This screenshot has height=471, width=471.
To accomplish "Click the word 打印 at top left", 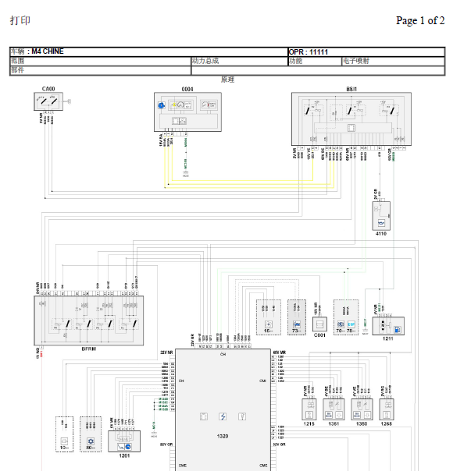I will click(20, 21).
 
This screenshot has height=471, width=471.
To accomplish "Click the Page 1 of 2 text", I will click(420, 21).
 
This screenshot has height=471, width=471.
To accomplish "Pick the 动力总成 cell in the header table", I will click(205, 60).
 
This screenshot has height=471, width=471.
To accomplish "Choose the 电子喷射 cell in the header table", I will click(355, 60).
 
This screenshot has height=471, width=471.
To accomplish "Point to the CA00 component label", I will click(48, 89).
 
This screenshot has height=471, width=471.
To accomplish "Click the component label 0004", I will click(187, 89).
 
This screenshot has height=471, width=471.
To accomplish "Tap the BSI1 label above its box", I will click(351, 89).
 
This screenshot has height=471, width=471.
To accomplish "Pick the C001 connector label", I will click(319, 335).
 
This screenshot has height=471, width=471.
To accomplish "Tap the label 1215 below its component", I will click(309, 424).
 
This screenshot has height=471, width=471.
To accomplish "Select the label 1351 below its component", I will click(334, 424).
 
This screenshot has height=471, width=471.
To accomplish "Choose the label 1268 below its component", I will click(387, 424).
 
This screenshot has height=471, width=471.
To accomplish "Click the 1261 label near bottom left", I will click(124, 455).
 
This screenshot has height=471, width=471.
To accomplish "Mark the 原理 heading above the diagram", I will click(227, 80).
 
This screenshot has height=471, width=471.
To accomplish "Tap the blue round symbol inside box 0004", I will click(161, 104).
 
